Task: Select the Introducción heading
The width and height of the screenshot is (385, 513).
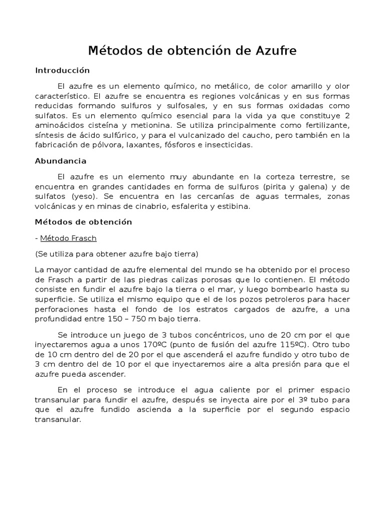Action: click(x=62, y=70)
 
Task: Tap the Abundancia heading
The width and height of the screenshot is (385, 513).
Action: click(x=61, y=161)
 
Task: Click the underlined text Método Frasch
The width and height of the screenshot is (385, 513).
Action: click(x=68, y=238)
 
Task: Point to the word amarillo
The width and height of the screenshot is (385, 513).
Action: click(x=298, y=86)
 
